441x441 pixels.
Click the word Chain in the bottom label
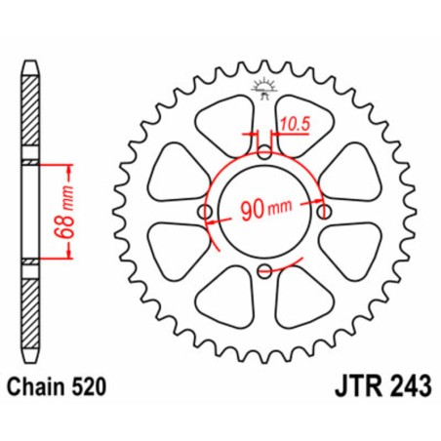click(x=41, y=388)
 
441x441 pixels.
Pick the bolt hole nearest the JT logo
click(x=265, y=152)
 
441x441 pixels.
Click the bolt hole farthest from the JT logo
click(x=265, y=273)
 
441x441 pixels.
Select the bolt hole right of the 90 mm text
click(x=326, y=213)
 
